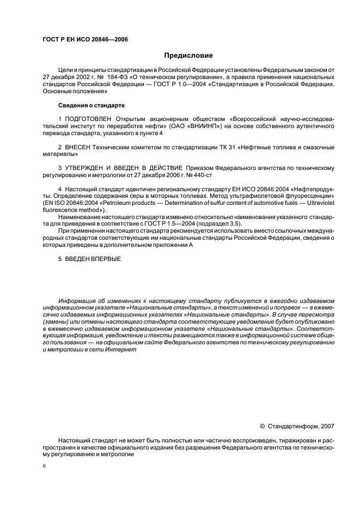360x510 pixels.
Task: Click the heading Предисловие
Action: pyautogui.click(x=189, y=56)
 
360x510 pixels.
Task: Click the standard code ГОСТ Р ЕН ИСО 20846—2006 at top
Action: pyautogui.click(x=84, y=39)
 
